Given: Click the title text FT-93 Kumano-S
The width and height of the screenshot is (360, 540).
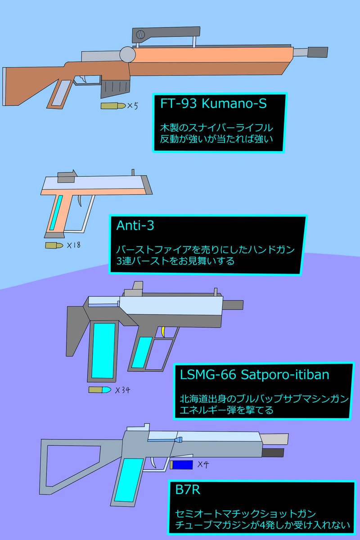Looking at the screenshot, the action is (x=214, y=104).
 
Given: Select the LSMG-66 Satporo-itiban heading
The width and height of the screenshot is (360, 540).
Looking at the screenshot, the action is (x=255, y=374).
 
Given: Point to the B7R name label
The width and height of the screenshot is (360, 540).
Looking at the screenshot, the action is (x=188, y=490).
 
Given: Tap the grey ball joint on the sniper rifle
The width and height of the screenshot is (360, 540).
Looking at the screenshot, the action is (x=127, y=55).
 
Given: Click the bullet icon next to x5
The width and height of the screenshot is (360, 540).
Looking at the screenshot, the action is (x=113, y=106).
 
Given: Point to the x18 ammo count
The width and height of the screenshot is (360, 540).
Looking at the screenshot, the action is (x=73, y=246).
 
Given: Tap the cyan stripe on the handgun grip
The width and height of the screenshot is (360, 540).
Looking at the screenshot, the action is (x=56, y=212).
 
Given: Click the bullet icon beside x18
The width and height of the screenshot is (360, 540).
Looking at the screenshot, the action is (x=54, y=245).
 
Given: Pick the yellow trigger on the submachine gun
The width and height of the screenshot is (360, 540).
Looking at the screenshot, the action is (x=163, y=332).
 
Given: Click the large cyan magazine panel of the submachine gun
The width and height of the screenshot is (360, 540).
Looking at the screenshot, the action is (x=103, y=350).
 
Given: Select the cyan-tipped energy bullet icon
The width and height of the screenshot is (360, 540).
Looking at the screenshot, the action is (x=100, y=389).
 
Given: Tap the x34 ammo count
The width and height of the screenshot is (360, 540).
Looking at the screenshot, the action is (x=122, y=390).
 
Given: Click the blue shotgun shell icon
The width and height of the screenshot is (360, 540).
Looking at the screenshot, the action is (x=181, y=464).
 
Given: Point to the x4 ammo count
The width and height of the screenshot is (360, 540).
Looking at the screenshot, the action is (x=203, y=464).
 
